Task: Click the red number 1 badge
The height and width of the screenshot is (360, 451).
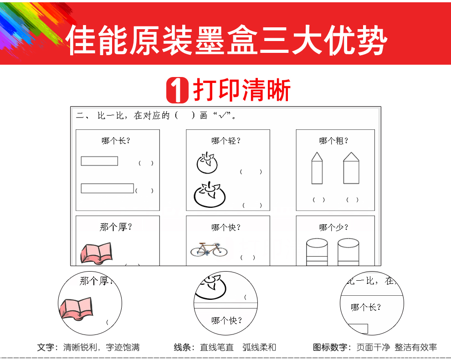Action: click(x=177, y=90)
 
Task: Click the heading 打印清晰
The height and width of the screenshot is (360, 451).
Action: click(x=241, y=90)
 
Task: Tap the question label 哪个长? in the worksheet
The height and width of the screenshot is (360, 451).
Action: click(x=116, y=141)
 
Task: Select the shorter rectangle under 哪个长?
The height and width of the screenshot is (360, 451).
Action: click(x=99, y=161)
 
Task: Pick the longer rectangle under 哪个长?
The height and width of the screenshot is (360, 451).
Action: click(x=108, y=188)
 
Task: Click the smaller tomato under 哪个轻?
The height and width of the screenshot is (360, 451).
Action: click(x=207, y=163)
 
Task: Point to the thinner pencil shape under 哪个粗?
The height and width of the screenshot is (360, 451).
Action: click(x=317, y=168)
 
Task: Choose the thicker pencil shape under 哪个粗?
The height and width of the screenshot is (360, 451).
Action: click(x=351, y=168)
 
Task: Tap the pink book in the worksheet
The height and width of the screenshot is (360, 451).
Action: click(x=97, y=253)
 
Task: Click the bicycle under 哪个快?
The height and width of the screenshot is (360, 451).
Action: click(x=209, y=249)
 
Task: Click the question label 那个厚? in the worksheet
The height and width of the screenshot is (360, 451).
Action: click(x=116, y=227)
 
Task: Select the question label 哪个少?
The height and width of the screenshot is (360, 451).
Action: click(x=333, y=227)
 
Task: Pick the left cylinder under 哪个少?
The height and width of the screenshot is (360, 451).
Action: click(x=317, y=252)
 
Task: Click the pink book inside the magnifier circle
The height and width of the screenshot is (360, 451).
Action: click(x=76, y=309)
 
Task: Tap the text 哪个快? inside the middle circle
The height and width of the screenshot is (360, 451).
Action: click(x=227, y=320)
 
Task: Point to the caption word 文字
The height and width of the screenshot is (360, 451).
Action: click(x=46, y=347)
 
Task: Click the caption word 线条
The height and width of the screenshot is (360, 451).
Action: click(x=182, y=347)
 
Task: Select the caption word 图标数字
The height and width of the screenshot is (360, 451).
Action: click(x=330, y=347)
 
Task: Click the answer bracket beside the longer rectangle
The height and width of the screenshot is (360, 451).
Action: click(x=144, y=190)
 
